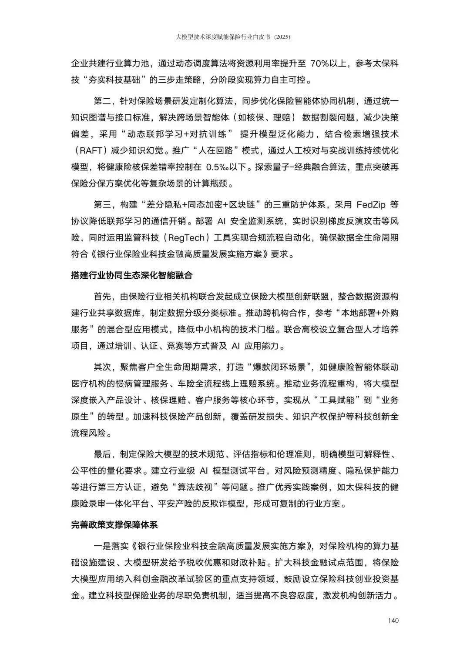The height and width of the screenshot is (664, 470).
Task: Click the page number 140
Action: [393, 621]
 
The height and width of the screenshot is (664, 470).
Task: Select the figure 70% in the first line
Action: [320, 63]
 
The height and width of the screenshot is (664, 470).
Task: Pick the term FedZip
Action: [371, 204]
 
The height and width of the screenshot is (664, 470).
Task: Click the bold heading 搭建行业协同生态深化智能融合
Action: [131, 276]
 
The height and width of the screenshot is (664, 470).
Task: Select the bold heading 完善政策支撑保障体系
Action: [114, 525]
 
